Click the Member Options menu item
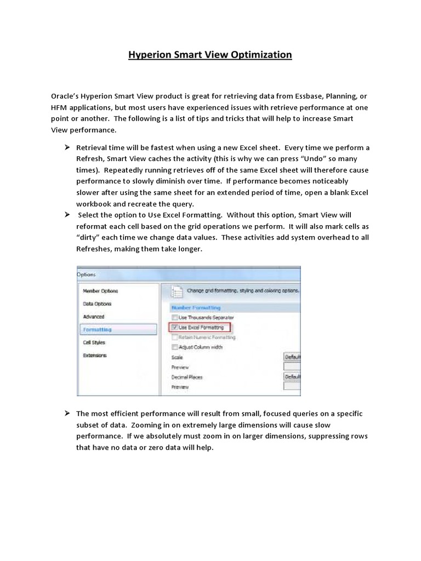click(x=100, y=291)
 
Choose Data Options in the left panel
click(x=97, y=304)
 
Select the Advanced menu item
click(x=94, y=317)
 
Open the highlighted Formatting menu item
click(x=97, y=330)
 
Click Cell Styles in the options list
click(x=94, y=342)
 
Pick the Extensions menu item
click(x=95, y=355)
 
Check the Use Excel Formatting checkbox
click(x=175, y=327)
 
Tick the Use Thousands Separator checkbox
click(x=175, y=317)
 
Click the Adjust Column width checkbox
click(x=175, y=347)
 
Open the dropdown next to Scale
click(x=292, y=357)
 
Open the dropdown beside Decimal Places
click(x=292, y=377)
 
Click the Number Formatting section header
click(x=196, y=308)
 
